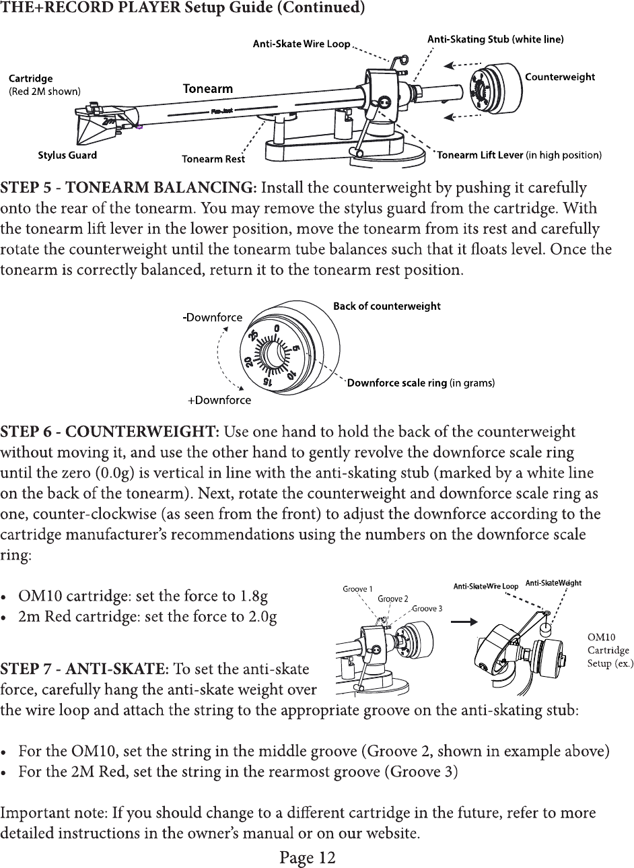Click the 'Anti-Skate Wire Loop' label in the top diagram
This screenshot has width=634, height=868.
coord(301,44)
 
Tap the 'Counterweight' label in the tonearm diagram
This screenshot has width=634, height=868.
coord(559,77)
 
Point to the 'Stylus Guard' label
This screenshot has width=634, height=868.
coord(67,155)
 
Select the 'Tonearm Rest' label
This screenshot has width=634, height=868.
coord(213,159)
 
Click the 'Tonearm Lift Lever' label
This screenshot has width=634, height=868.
coord(480,156)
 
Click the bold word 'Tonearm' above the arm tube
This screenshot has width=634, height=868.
coord(208,89)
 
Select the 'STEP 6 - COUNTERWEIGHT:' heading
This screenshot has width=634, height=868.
coord(112,431)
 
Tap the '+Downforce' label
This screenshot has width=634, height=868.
coord(219,400)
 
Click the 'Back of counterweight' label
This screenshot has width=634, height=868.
coord(387,306)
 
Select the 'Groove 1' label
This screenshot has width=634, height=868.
coord(358,589)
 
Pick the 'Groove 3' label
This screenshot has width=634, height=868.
coord(427,608)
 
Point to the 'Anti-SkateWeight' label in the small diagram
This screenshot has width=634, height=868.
coord(553,583)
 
